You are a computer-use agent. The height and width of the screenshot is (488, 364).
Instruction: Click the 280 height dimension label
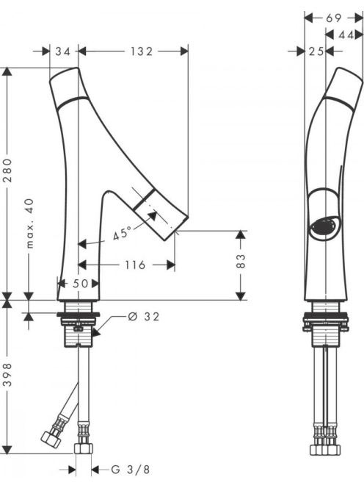point(8,171)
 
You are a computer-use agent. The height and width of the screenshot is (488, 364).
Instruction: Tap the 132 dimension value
point(142,51)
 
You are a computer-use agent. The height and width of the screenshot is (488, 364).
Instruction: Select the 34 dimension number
point(63,51)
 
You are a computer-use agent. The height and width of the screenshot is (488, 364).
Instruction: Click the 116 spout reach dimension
point(135,265)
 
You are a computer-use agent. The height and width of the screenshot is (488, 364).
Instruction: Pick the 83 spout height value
point(241,261)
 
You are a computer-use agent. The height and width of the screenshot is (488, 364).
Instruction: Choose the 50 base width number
point(81,284)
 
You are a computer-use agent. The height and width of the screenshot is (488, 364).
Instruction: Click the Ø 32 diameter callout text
point(144,317)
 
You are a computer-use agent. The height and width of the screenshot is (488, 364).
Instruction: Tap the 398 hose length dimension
point(8,375)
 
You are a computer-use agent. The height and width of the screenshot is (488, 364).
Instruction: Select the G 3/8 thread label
point(131,470)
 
